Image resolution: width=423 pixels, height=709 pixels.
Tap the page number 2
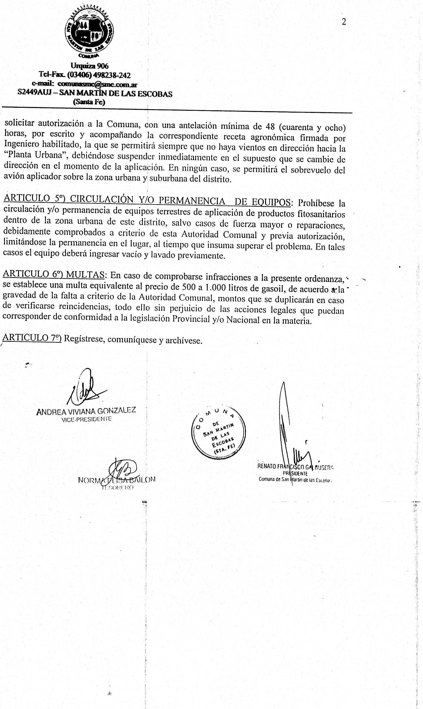pyautogui.click(x=344, y=22)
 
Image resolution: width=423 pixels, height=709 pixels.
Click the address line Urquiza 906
pyautogui.click(x=89, y=66)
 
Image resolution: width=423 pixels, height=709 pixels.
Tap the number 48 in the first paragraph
pyautogui.click(x=270, y=126)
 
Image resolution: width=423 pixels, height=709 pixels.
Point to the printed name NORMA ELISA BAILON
pyautogui.click(x=116, y=480)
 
